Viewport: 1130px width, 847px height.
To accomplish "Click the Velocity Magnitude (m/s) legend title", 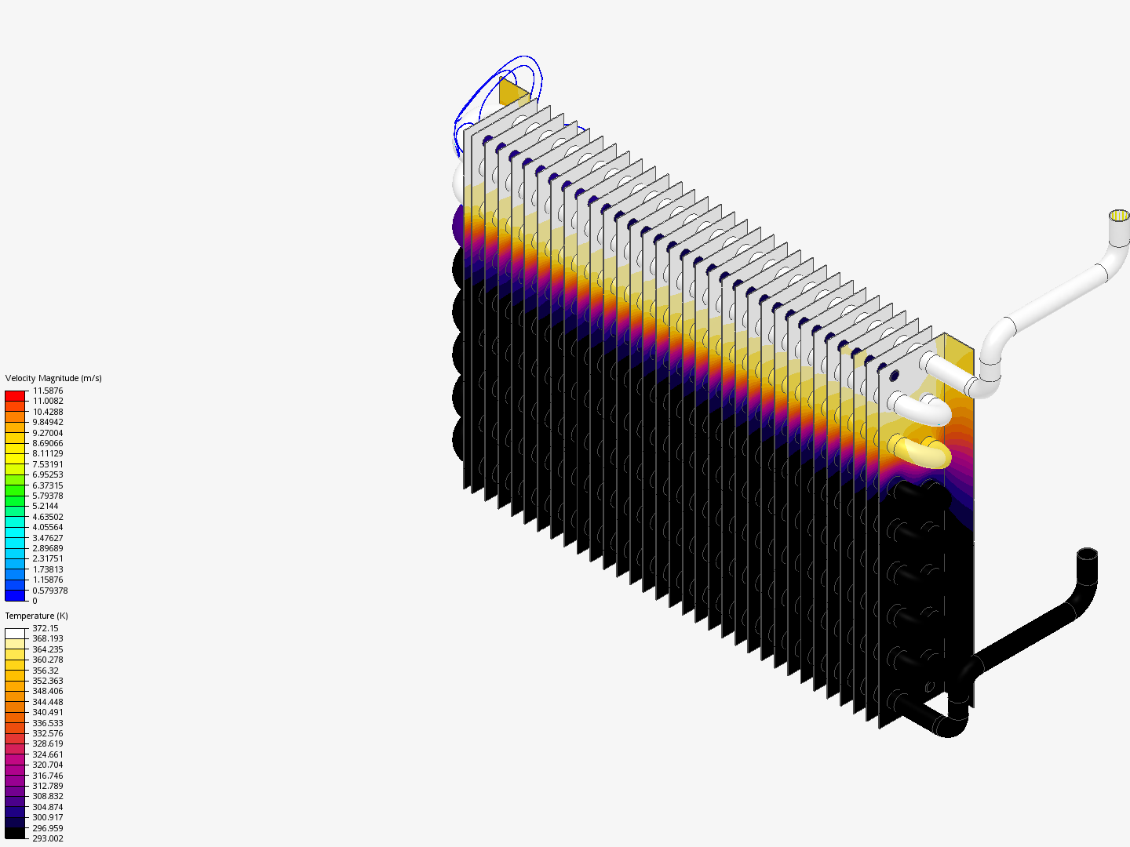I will [x=53, y=378].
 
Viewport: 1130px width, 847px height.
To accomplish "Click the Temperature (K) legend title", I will [x=36, y=616].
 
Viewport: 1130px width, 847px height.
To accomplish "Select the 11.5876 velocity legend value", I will [x=47, y=391].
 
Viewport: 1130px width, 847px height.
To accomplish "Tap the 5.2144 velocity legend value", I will [x=45, y=506].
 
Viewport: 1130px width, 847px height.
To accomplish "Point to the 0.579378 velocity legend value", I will [x=49, y=591].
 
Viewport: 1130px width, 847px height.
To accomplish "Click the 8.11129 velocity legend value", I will [x=47, y=453].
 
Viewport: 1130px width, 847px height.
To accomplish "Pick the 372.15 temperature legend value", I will [x=45, y=628].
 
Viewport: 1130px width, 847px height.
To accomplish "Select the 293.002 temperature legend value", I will [x=47, y=838].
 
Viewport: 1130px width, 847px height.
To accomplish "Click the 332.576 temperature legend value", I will [x=47, y=733].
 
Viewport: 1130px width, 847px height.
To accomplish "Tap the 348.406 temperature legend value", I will [x=47, y=691].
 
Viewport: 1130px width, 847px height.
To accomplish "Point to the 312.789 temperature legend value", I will [x=47, y=786].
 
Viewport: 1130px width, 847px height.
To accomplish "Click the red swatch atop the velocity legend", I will [x=15, y=396].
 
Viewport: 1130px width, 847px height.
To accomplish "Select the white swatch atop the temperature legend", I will [x=15, y=634].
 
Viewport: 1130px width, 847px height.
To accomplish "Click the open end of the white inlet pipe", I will [x=1118, y=216].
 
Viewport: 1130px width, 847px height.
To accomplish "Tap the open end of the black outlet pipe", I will [x=1087, y=554].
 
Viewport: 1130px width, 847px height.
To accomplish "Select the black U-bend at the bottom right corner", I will [x=946, y=724].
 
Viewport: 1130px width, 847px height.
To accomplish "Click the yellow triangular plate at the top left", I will [x=512, y=93].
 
